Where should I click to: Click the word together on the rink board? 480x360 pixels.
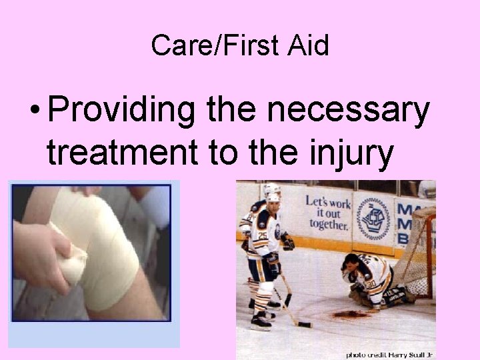(329, 225)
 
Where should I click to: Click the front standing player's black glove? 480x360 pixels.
(287, 241)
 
